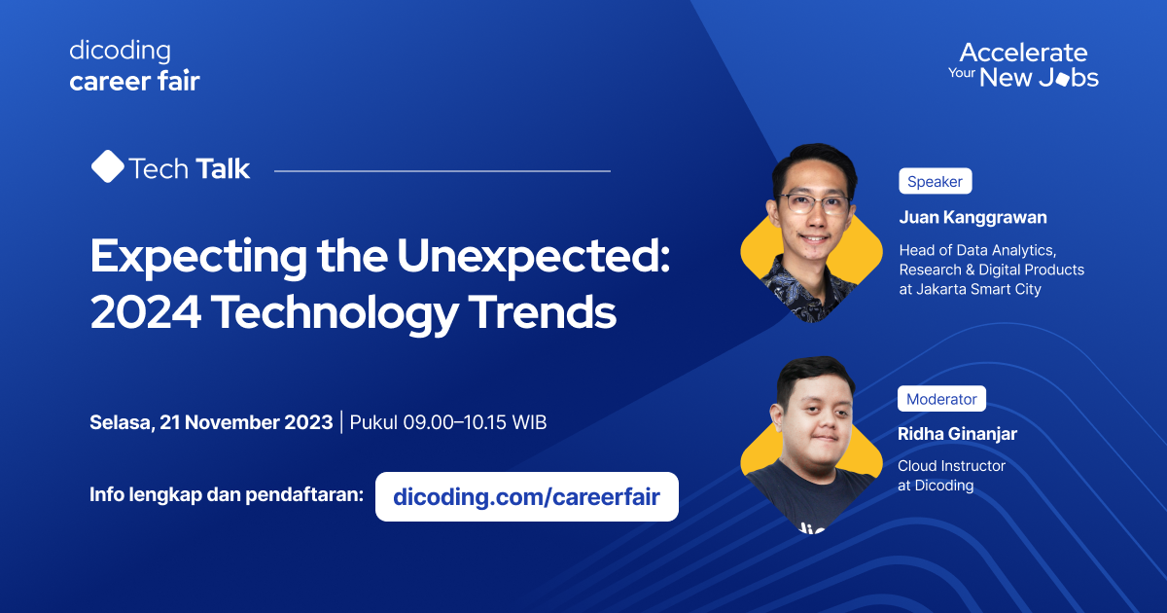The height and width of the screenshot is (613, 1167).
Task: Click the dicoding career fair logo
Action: [x=134, y=66]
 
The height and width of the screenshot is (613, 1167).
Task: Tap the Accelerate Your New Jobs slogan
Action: [x=1023, y=65]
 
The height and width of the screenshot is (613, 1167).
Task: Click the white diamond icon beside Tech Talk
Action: [x=107, y=167]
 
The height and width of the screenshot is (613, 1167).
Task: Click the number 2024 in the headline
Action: [x=145, y=313]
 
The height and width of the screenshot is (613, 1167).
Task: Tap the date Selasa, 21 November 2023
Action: [x=210, y=422]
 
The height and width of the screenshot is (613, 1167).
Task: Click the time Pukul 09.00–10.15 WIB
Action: [x=447, y=422]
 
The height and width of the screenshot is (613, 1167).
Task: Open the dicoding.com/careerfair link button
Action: [x=526, y=497]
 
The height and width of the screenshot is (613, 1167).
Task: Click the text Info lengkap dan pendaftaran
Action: [x=227, y=494]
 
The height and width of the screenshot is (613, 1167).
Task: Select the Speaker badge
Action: [x=935, y=181]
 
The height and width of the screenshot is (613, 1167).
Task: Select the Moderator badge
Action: [x=941, y=399]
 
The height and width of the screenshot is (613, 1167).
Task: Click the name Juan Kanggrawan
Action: [x=972, y=217]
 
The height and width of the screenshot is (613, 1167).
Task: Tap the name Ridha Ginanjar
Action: [x=957, y=434]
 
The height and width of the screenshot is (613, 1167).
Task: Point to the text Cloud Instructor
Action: [x=951, y=466]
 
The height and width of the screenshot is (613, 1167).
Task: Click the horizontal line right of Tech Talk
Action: [x=442, y=170]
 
